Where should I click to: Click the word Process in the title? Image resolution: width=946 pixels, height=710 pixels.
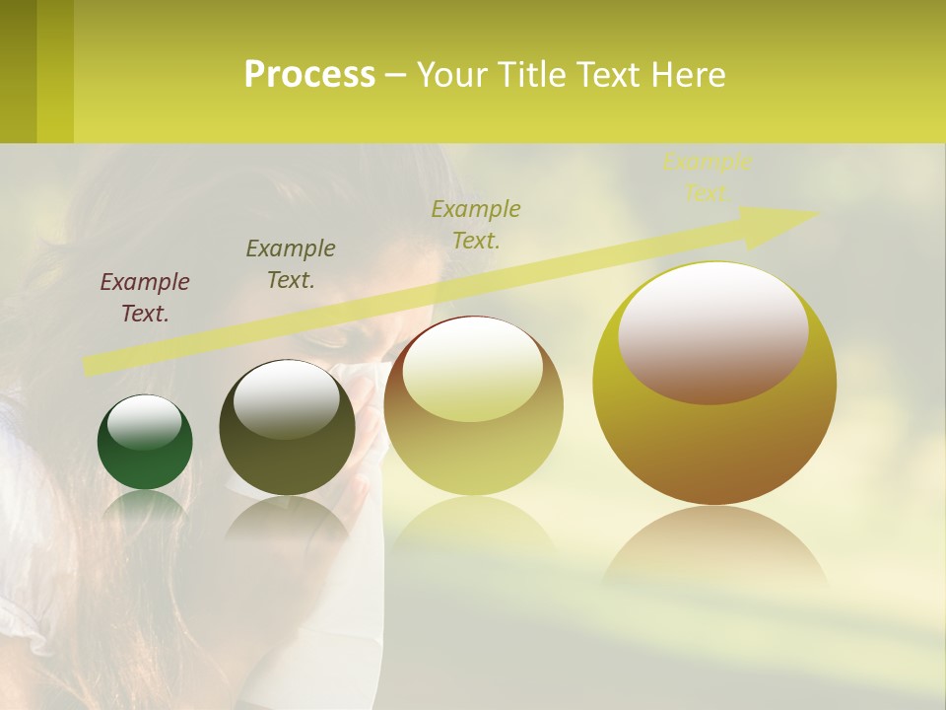coord(309,75)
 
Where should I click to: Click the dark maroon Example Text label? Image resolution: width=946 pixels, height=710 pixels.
coord(145,298)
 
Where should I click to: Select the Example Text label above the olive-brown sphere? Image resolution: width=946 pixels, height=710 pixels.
coord(291,264)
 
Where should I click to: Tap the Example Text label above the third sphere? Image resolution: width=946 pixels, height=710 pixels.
coord(476,224)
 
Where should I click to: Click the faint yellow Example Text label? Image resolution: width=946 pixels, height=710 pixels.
coord(707,177)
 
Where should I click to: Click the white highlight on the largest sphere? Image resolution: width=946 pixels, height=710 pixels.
coord(713,331)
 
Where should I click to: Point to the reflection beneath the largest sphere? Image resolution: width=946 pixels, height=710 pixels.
coord(714,547)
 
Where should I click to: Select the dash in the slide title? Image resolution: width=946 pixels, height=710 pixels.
coord(395,76)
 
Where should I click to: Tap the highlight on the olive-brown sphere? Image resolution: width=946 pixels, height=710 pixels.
coord(287,399)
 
